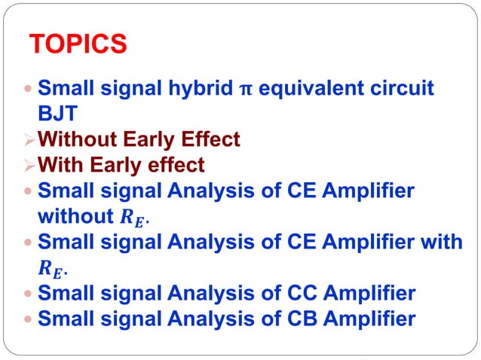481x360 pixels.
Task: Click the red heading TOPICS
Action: point(77,44)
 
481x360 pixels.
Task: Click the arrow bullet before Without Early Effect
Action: point(29,140)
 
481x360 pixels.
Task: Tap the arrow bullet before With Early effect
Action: point(29,165)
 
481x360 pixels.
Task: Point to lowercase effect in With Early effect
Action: point(176,165)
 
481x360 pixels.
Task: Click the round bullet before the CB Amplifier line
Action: point(29,319)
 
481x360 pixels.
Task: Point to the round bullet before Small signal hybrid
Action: point(29,90)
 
